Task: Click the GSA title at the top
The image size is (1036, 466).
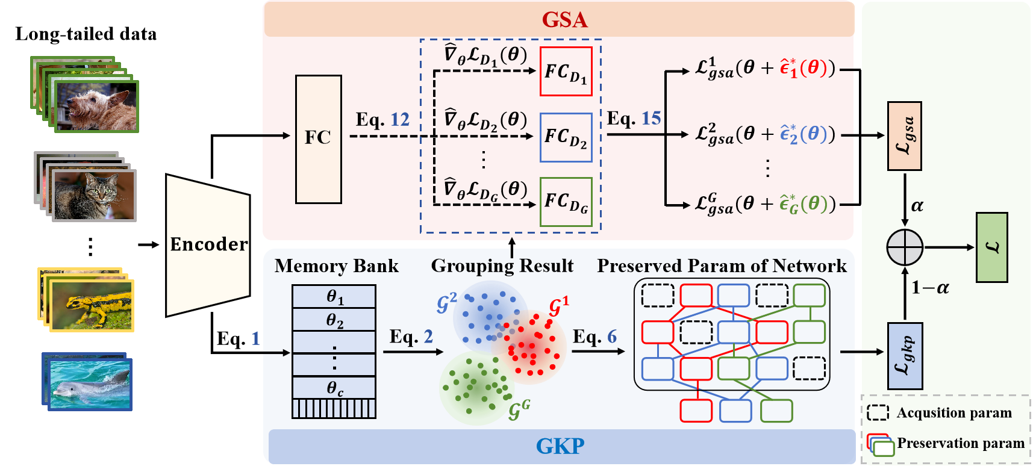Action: click(x=564, y=20)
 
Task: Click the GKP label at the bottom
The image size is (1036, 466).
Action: click(x=560, y=446)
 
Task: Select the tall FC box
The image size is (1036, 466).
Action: click(x=318, y=139)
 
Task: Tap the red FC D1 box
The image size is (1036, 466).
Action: click(x=566, y=72)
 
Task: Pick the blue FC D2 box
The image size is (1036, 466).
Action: click(x=566, y=138)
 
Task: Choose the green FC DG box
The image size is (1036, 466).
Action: click(x=566, y=202)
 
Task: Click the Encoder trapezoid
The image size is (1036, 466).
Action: click(x=208, y=244)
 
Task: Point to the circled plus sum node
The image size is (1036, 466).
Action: click(x=905, y=247)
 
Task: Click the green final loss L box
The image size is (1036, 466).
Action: click(x=991, y=247)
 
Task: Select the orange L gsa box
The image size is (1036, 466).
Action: click(x=904, y=136)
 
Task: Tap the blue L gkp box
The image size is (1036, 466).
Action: click(x=905, y=356)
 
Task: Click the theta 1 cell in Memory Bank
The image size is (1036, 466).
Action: click(x=334, y=296)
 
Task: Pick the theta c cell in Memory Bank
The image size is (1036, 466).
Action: click(x=334, y=388)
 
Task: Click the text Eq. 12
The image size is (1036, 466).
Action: click(x=382, y=119)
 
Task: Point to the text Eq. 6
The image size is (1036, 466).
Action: click(x=594, y=337)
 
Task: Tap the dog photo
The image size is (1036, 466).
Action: click(x=96, y=107)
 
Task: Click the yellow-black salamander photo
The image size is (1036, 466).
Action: click(x=92, y=305)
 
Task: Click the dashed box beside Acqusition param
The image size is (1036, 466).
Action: click(x=878, y=412)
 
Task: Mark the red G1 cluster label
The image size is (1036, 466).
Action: click(x=558, y=306)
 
